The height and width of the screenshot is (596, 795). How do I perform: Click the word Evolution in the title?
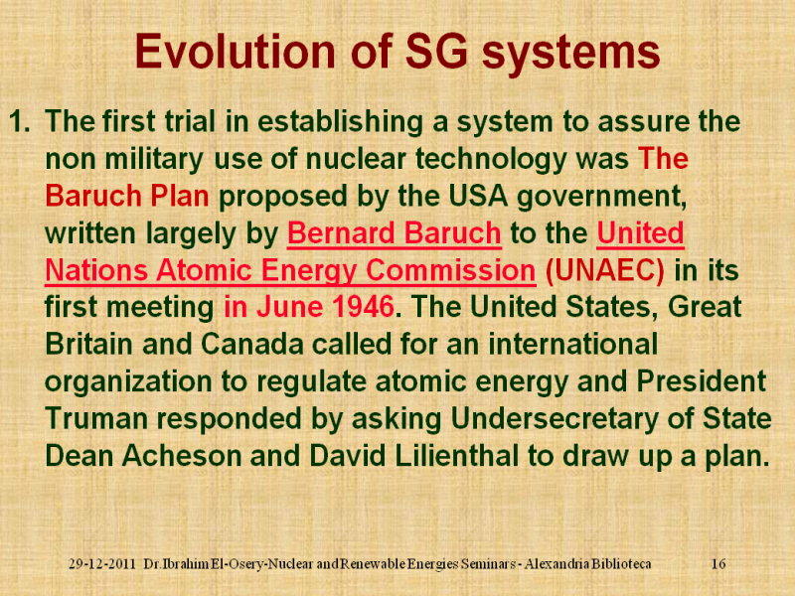[x=236, y=52]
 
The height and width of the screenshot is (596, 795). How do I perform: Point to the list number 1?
[x=20, y=121]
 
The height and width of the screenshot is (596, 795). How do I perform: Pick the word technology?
[x=491, y=159]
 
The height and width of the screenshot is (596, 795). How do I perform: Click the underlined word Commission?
[x=450, y=270]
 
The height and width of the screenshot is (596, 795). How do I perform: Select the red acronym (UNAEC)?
[x=605, y=270]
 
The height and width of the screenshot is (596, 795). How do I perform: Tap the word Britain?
[x=89, y=344]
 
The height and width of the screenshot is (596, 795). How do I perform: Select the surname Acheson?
[x=182, y=456]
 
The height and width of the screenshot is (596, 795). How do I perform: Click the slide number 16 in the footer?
[x=718, y=563]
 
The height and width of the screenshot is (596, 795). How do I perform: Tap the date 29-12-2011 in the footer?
[x=102, y=563]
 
